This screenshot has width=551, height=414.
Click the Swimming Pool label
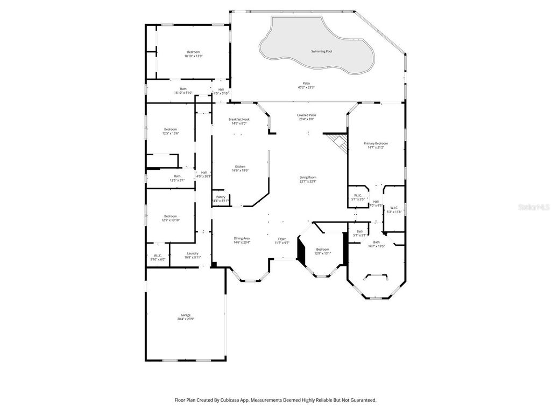click(321, 51)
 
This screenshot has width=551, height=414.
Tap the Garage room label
click(185, 315)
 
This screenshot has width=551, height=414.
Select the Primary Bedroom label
click(376, 143)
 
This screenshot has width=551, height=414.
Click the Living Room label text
click(308, 177)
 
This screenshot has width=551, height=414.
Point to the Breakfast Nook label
click(239, 119)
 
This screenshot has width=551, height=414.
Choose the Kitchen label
click(240, 167)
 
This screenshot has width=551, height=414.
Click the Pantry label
click(221, 197)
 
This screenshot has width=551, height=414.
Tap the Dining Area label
click(242, 238)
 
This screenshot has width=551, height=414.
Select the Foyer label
click(282, 239)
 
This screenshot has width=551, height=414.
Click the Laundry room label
click(193, 253)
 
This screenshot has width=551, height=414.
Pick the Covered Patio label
click(307, 115)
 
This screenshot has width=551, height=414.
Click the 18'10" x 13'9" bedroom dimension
click(193, 56)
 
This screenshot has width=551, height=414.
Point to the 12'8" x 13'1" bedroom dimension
click(322, 253)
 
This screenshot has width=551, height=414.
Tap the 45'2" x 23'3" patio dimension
click(306, 87)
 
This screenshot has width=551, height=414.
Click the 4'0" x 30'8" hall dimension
click(204, 176)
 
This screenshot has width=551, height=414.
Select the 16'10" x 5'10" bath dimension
click(183, 93)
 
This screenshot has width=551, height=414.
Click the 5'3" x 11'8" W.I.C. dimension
click(394, 211)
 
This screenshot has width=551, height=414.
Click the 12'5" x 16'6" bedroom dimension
click(171, 133)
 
